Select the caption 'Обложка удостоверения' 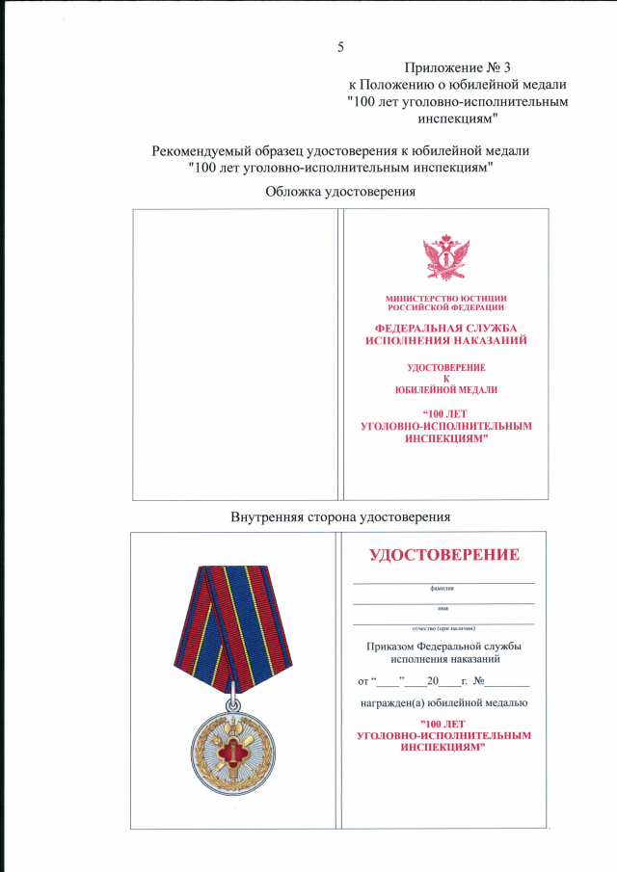340,192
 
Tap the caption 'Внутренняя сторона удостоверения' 340,517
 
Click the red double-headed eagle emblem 445,258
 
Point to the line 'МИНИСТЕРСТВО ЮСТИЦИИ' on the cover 445,299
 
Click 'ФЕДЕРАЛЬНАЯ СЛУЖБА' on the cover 445,329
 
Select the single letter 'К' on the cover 445,379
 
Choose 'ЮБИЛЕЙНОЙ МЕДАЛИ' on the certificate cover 445,389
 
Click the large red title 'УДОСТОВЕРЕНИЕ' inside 444,555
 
